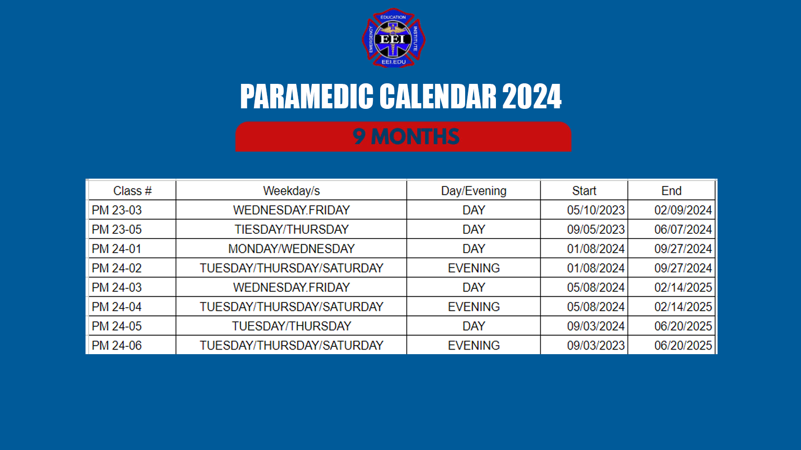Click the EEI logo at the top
pos(394,38)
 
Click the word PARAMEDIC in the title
pos(307,97)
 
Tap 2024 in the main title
pos(531,97)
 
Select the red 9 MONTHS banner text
pos(406,137)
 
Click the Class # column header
pos(132,191)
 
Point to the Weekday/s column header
pos(292,191)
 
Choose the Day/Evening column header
pos(474,191)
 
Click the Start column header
pos(584,191)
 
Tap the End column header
pos(672,191)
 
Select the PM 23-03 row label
pos(117,210)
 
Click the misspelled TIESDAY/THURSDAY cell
pos(292,230)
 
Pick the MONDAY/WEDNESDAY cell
pos(292,249)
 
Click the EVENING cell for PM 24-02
pos(474,268)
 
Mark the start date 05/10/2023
pos(596,210)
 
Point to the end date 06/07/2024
pos(683,230)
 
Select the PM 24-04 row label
pos(117,307)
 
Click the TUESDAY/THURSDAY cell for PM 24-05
pos(292,326)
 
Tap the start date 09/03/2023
pos(596,345)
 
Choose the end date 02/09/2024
pos(683,210)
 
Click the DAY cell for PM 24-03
pos(474,287)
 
